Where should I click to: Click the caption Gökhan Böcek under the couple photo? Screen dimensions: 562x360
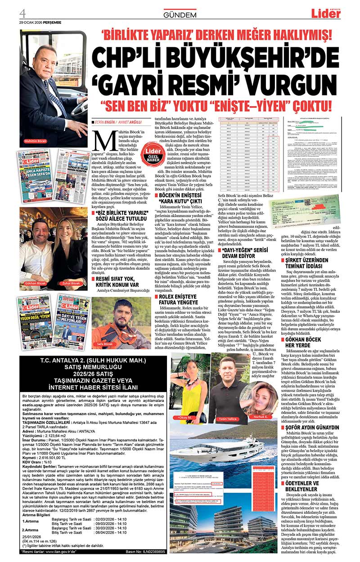coord(36,284)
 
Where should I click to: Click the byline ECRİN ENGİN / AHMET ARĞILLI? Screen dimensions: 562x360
coord(116,122)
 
